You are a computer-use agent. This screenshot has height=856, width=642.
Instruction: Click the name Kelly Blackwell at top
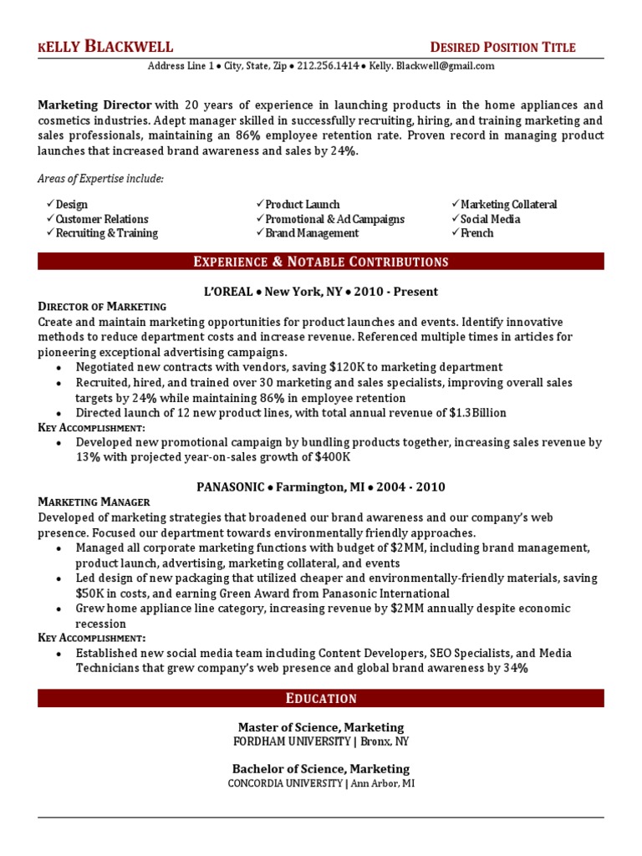pyautogui.click(x=105, y=47)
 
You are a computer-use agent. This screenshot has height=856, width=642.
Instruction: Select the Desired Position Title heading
pyautogui.click(x=502, y=48)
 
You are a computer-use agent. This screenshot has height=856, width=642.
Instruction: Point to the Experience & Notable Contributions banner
pyautogui.click(x=321, y=262)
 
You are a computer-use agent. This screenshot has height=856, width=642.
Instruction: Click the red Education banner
pyautogui.click(x=321, y=698)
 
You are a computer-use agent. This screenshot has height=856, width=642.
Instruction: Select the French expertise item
pyautogui.click(x=476, y=233)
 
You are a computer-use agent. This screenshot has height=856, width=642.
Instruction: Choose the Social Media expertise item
pyautogui.click(x=490, y=219)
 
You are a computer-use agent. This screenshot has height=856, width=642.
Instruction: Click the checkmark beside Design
pyautogui.click(x=50, y=204)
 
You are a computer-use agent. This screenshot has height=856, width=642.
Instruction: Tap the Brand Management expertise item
pyautogui.click(x=312, y=233)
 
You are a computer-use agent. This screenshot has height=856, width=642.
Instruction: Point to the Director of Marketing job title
pyautogui.click(x=102, y=307)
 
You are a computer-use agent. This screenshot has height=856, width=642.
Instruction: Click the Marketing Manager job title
pyautogui.click(x=94, y=502)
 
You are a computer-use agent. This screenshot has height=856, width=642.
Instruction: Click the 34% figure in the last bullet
pyautogui.click(x=515, y=669)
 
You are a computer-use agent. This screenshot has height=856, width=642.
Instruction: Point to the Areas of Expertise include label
pyautogui.click(x=101, y=179)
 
